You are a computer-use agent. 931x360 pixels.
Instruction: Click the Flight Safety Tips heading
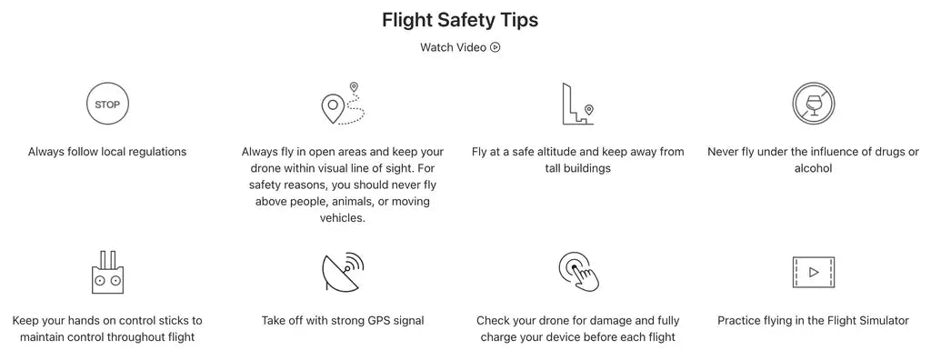point(460,20)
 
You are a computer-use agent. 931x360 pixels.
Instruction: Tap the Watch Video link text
point(453,47)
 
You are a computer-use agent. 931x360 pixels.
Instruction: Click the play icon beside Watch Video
point(496,47)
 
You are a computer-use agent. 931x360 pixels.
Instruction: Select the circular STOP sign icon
point(107,104)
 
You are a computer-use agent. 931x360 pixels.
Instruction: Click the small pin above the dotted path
point(354,87)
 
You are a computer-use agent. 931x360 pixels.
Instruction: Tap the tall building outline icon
point(574,104)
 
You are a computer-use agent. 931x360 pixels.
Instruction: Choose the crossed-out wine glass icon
point(813,104)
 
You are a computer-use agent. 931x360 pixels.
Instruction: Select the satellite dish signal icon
point(343,272)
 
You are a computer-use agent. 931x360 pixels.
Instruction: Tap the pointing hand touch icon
point(578,272)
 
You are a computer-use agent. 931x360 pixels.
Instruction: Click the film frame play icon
point(814,272)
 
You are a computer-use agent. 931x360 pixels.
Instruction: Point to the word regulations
point(155,152)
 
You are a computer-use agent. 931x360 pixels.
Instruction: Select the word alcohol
point(814,168)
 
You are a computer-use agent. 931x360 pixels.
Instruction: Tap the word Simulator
point(882,321)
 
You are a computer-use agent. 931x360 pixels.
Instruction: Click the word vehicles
point(343,218)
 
